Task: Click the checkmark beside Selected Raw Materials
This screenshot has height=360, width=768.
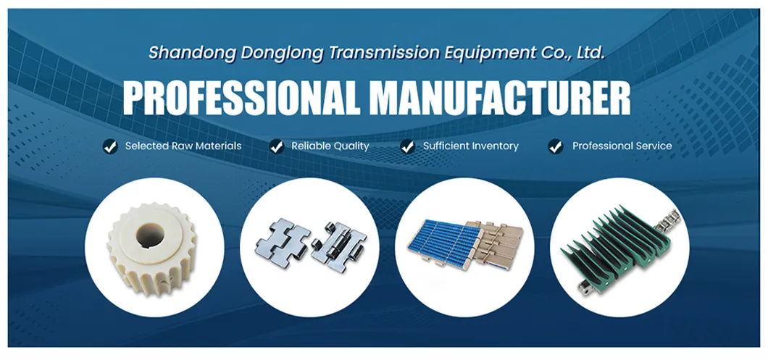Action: click(x=109, y=146)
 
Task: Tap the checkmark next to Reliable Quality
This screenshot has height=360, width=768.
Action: click(x=276, y=146)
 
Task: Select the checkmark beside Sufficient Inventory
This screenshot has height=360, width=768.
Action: click(x=407, y=146)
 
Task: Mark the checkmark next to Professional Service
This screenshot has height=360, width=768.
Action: click(x=556, y=146)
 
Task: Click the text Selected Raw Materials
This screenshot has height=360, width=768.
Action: click(x=183, y=146)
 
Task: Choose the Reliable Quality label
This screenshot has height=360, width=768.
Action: click(x=330, y=146)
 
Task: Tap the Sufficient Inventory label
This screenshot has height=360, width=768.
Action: click(x=471, y=146)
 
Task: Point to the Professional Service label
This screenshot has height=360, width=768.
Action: click(x=622, y=146)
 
